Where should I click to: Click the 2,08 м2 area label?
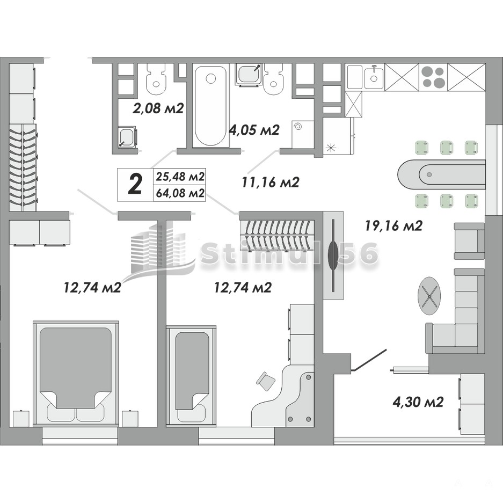pyautogui.click(x=158, y=108)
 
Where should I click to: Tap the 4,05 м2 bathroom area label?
pyautogui.click(x=254, y=130)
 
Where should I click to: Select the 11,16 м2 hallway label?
pyautogui.click(x=271, y=182)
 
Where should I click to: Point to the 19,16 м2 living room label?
pyautogui.click(x=393, y=226)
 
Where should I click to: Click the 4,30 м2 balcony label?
pyautogui.click(x=418, y=402)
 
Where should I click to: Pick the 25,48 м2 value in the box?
pyautogui.click(x=180, y=177)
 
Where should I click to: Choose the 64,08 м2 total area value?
pyautogui.click(x=180, y=193)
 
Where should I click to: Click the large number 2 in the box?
pyautogui.click(x=135, y=185)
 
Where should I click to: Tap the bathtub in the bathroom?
pyautogui.click(x=210, y=106)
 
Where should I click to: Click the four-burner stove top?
pyautogui.click(x=433, y=77)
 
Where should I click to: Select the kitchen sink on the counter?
pyautogui.click(x=374, y=77)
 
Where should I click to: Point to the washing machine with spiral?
pyautogui.click(x=303, y=134)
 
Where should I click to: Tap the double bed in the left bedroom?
pyautogui.click(x=76, y=373)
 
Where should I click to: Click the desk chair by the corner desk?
pyautogui.click(x=266, y=381)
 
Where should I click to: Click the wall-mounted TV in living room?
pyautogui.click(x=333, y=256)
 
